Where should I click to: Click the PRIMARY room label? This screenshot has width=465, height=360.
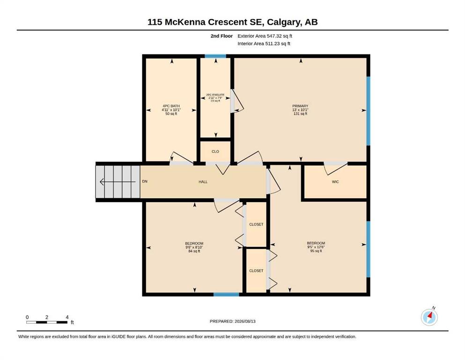click(300, 106)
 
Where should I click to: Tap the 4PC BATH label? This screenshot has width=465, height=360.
click(171, 106)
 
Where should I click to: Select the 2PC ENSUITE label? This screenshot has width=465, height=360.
click(215, 95)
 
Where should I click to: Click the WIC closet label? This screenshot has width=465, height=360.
click(335, 181)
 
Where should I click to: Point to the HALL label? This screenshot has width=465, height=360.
click(203, 181)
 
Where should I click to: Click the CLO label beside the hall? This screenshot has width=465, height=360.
click(215, 151)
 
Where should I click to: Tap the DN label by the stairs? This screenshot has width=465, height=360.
click(145, 181)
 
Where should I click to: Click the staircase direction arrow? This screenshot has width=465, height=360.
click(118, 181)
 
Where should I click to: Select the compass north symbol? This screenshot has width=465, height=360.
click(429, 317)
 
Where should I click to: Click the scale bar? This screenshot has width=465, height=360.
click(47, 322)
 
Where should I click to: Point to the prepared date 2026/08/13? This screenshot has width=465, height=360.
click(245, 321)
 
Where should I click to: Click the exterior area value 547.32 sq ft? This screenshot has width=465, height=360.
click(280, 36)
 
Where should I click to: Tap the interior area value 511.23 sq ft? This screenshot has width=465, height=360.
click(278, 44)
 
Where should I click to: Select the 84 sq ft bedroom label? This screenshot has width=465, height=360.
click(194, 251)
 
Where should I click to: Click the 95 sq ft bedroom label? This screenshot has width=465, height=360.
click(316, 251)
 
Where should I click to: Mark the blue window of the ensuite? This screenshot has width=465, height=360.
click(215, 56)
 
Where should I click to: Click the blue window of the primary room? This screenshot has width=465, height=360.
click(369, 111)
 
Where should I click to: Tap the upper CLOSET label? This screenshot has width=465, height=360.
click(256, 225)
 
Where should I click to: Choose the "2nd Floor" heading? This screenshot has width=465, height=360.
click(221, 36)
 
